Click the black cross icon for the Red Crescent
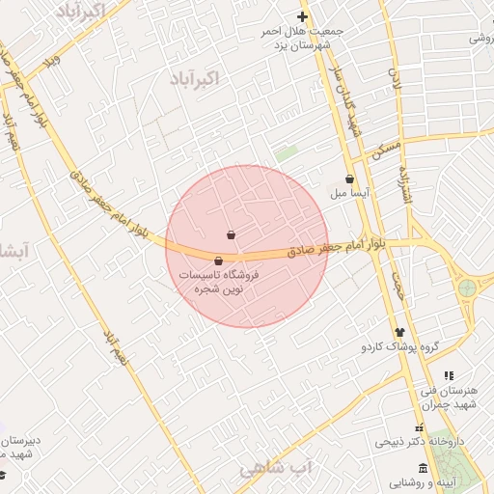(x=302, y=16)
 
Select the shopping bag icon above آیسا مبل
(x=348, y=178)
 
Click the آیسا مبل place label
(x=352, y=193)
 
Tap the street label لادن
(x=394, y=79)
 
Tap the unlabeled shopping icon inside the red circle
(x=231, y=234)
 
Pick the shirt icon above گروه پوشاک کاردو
(x=399, y=332)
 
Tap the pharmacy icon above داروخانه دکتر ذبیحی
(x=419, y=428)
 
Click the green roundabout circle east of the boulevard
(x=468, y=287)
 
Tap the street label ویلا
(x=54, y=64)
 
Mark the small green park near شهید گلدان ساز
(x=286, y=153)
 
